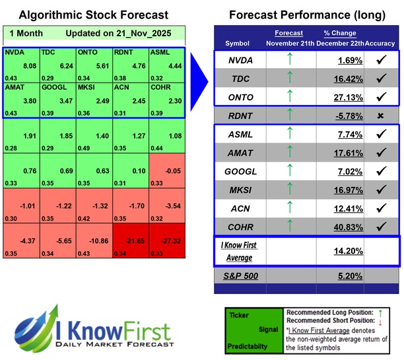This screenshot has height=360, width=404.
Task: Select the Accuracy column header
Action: coord(380,43)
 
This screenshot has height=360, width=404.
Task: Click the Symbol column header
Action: coord(238,43)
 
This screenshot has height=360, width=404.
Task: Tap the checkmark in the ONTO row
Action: coord(381,96)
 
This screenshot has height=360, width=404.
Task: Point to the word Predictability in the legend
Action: coord(248,345)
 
